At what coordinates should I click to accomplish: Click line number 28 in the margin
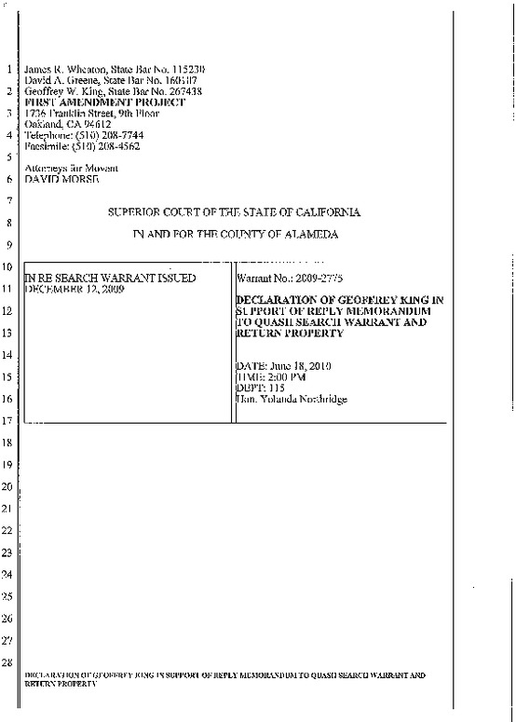pos(9,662)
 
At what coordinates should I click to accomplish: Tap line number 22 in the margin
pos(9,530)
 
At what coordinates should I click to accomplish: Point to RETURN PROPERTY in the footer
pos(61,683)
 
